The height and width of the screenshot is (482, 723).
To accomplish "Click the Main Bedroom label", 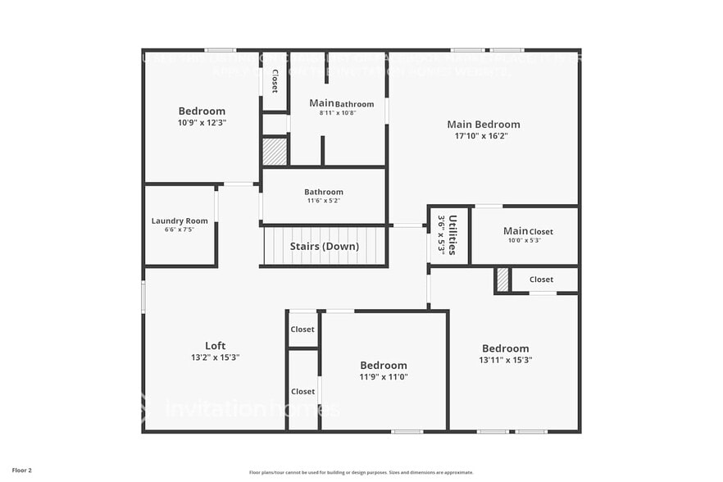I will pos(483,125).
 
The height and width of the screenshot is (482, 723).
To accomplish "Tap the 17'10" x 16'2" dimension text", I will pos(483,136).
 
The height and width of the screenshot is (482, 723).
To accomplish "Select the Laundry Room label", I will pos(180,221).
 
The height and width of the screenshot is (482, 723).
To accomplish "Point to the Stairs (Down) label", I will pos(324,246).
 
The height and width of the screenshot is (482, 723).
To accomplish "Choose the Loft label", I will pos(215,345).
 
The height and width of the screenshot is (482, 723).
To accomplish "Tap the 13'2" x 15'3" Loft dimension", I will pos(215,357).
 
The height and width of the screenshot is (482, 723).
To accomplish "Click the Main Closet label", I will pos(528,231).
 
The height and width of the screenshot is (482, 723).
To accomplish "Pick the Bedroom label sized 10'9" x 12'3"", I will pos(202,111).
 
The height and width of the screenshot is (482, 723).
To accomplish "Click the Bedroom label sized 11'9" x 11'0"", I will pos(384,365).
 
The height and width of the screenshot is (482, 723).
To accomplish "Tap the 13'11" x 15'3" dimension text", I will pos(505,360).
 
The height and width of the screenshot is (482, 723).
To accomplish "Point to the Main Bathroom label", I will pos(341,103).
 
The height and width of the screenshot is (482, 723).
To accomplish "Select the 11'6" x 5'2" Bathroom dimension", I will pos(323,201).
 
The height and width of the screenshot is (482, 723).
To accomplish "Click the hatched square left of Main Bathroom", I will pos(275,152).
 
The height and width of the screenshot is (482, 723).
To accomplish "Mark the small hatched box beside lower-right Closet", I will pos(502,280).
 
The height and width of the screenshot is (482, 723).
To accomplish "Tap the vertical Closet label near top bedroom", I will pos(275,80).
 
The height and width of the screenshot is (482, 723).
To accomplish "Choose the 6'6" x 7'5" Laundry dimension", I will pos(180,230).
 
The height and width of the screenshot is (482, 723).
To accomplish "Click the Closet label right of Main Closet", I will pos(541,280).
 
